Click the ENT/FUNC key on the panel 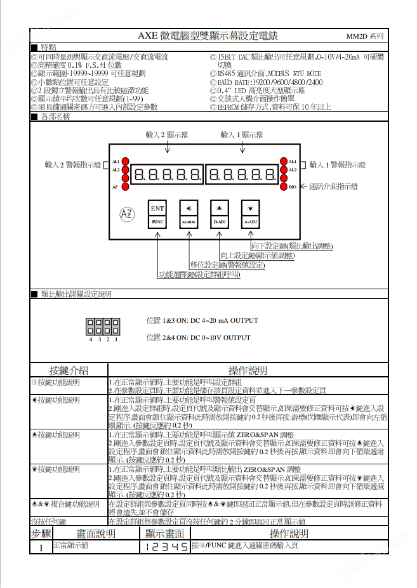158,214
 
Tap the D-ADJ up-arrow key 219,214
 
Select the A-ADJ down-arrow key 251,214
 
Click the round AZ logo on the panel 127,214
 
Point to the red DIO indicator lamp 283,186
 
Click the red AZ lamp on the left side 125,186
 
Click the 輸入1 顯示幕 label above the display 242,134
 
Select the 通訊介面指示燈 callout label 333,186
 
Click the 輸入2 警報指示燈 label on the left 72,165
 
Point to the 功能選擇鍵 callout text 199,275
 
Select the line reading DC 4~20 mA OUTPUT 202,320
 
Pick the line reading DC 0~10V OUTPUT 198,337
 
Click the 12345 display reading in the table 164,546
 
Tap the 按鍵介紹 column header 69,370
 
